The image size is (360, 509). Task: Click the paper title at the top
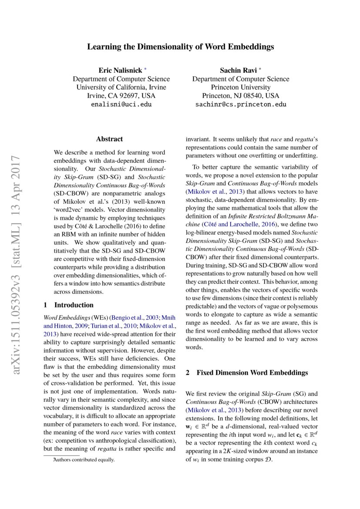[180, 46]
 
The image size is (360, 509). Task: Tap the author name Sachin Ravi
[238, 70]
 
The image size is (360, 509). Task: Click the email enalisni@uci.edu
[121, 104]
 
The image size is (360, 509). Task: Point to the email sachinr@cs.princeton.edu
[241, 104]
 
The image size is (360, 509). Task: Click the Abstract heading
[109, 139]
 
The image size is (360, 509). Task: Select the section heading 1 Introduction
[69, 305]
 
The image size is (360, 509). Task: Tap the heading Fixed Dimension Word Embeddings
[252, 373]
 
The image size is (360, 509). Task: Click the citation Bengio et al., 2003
[135, 317]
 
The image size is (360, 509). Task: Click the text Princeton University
[241, 87]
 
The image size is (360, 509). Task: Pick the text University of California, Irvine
[121, 87]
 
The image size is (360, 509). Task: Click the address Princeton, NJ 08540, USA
[241, 96]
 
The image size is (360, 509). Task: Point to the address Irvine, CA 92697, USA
[121, 96]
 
